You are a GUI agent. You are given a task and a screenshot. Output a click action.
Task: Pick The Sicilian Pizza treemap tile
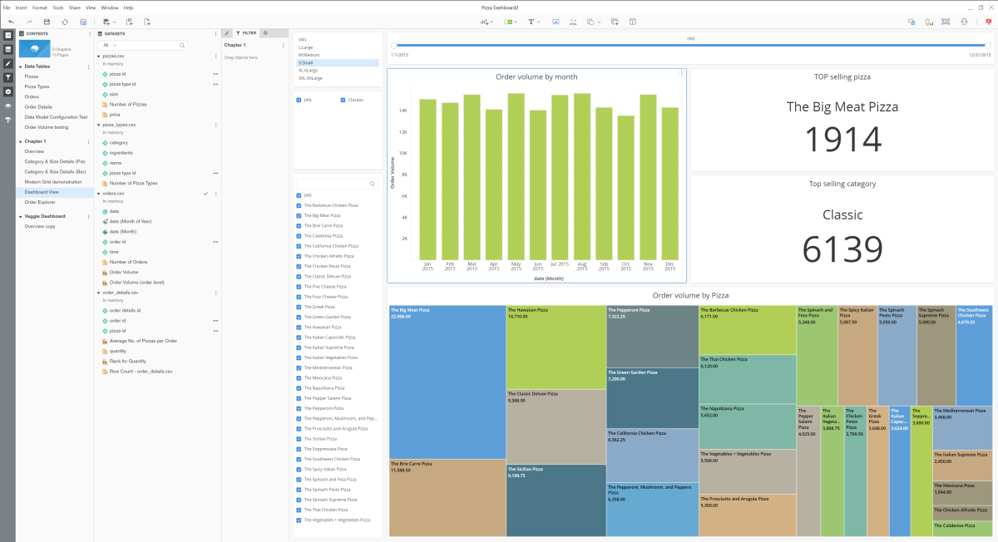[x=556, y=500]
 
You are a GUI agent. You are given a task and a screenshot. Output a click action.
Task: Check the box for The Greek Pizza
[x=299, y=307]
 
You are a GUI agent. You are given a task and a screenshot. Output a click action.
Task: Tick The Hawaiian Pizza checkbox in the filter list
[x=299, y=327]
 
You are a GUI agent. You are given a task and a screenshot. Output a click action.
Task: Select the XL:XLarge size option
[x=310, y=71]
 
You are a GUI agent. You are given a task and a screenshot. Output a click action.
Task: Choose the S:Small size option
[x=306, y=62]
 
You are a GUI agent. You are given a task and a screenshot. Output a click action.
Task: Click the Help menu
[x=128, y=7]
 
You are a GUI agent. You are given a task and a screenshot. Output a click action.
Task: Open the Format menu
[x=40, y=7]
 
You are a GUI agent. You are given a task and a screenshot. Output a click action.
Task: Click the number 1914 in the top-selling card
[x=842, y=139]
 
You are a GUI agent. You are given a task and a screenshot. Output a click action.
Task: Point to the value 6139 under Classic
[x=842, y=249]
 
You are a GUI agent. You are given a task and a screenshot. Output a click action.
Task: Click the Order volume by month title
[x=536, y=76]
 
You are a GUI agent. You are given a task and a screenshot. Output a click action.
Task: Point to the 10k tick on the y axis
[x=403, y=153]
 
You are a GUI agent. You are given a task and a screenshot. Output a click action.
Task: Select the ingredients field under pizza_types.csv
[x=121, y=153]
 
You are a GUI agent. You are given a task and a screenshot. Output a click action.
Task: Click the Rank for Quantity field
[x=126, y=361]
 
